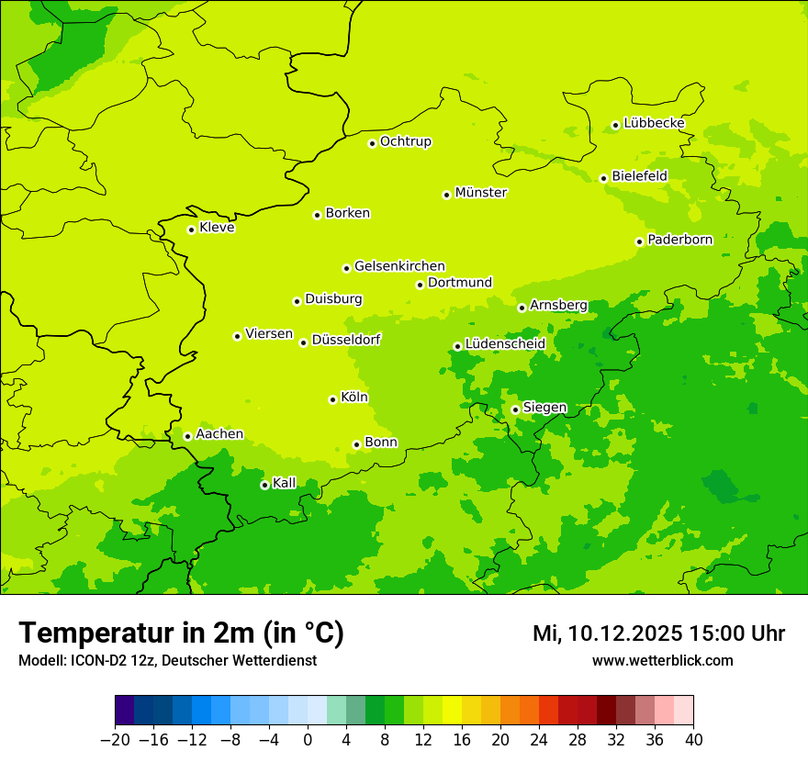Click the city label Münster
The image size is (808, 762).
coord(481,193)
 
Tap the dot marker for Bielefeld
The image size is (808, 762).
coord(603,178)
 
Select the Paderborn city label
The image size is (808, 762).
coord(679,240)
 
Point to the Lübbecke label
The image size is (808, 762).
coord(654,123)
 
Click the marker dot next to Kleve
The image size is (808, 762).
coord(191,230)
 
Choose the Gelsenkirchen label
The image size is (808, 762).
coord(399,266)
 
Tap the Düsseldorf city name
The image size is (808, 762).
coord(346,340)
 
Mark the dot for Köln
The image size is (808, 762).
coord(332,399)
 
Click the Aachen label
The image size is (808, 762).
coord(219,434)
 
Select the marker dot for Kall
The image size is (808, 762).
coord(264,485)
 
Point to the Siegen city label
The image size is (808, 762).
coord(544,408)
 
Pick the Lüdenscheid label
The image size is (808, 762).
coord(505,344)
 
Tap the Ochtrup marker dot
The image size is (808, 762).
coord(372,143)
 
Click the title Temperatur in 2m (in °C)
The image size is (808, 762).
coord(181,633)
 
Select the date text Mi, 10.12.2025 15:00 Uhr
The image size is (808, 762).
coord(658,633)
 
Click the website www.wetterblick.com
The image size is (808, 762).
coord(662,661)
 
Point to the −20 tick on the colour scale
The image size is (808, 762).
coord(115,740)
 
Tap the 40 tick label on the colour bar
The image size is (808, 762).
coord(693,740)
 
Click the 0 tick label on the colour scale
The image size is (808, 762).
coord(308,740)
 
